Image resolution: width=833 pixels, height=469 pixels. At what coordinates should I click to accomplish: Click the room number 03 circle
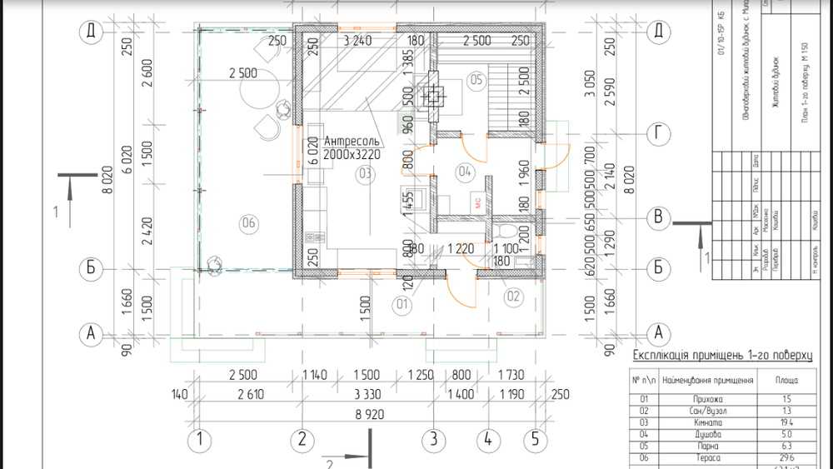click(363, 174)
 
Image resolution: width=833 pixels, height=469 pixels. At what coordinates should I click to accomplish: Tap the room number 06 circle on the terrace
click(247, 222)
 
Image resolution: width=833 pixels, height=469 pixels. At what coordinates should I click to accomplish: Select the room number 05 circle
click(476, 81)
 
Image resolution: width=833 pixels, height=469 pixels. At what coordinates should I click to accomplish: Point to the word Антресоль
click(353, 141)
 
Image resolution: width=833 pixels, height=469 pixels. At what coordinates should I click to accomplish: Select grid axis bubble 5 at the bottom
click(536, 439)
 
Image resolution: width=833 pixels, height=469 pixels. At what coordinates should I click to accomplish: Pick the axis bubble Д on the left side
click(89, 32)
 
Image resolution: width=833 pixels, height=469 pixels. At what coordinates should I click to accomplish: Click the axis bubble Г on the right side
click(659, 132)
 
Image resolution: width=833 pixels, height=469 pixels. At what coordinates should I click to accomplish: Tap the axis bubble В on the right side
click(659, 217)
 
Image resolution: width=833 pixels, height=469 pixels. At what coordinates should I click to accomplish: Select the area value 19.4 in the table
click(786, 422)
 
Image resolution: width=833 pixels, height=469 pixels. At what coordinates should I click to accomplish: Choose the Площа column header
click(786, 381)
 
